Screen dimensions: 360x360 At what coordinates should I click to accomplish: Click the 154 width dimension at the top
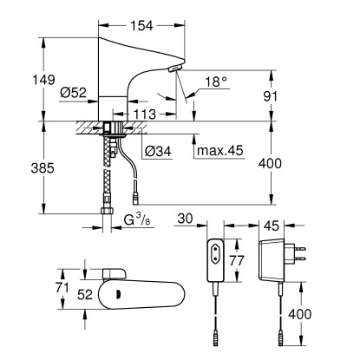[141, 26]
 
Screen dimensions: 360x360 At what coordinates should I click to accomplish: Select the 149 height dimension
[43, 80]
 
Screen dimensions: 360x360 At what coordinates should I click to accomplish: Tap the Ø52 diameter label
[74, 93]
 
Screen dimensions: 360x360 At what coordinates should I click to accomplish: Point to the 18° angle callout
[216, 82]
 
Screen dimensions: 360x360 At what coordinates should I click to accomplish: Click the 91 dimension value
[270, 96]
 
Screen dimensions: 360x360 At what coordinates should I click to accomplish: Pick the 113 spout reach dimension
[145, 115]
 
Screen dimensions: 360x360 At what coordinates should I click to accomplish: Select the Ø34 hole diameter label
[158, 151]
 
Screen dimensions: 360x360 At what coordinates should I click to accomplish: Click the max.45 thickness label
[220, 150]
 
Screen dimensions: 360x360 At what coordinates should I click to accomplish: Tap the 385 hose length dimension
[43, 168]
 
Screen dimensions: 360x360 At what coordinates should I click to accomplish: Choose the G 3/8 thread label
[137, 219]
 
